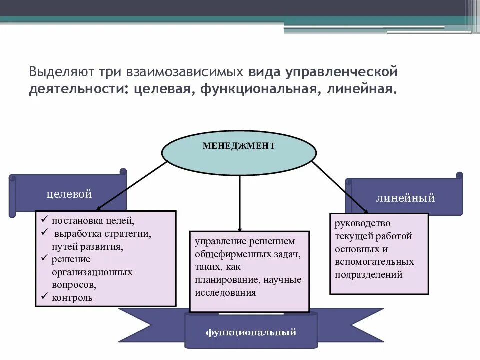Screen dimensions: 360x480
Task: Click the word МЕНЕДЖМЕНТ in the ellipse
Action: (x=239, y=146)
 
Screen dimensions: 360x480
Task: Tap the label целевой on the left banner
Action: (x=69, y=194)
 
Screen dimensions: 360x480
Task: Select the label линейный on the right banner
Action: (x=405, y=198)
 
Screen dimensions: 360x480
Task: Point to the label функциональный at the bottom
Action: (x=251, y=332)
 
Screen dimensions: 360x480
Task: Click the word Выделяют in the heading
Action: (x=56, y=72)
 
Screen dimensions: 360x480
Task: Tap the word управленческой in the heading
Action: (x=341, y=72)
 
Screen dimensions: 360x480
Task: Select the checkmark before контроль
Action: (x=43, y=297)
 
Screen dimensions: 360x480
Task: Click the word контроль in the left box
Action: (x=72, y=298)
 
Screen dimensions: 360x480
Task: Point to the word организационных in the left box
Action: (x=92, y=272)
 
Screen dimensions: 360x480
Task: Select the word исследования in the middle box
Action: (x=225, y=293)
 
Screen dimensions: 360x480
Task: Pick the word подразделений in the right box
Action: (x=369, y=275)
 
